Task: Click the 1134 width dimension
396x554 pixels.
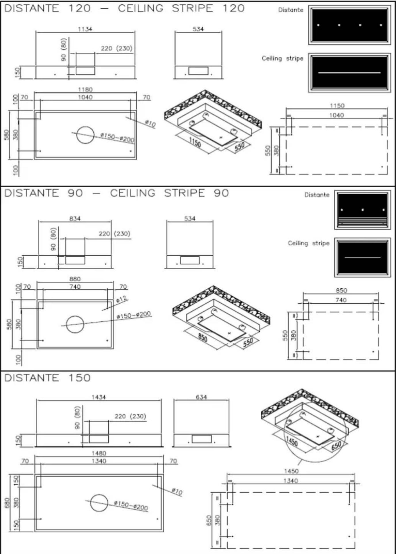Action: tap(85, 29)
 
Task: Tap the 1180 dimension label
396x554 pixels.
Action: tap(85, 90)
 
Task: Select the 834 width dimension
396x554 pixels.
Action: tap(75, 218)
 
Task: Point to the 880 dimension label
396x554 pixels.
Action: tap(75, 279)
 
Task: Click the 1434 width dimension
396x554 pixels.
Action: tap(99, 397)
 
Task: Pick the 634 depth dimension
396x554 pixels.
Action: tap(201, 397)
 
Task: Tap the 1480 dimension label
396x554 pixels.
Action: tap(99, 453)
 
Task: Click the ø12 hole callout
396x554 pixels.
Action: tap(122, 299)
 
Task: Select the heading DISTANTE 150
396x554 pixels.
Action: tap(47, 378)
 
